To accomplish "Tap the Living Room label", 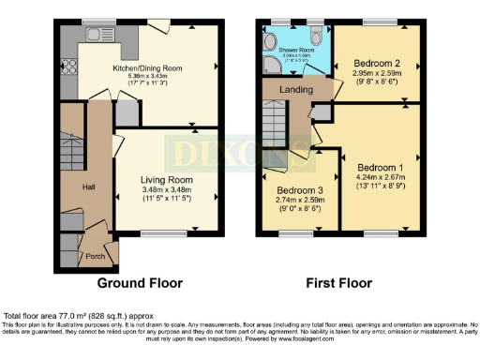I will click(x=167, y=179).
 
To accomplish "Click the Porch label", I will click(x=96, y=255).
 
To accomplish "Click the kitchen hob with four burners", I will click(x=67, y=67).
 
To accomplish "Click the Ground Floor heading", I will click(x=140, y=282).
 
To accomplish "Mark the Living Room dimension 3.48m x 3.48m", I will click(x=167, y=189).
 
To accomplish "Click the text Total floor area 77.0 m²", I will click(x=66, y=316).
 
